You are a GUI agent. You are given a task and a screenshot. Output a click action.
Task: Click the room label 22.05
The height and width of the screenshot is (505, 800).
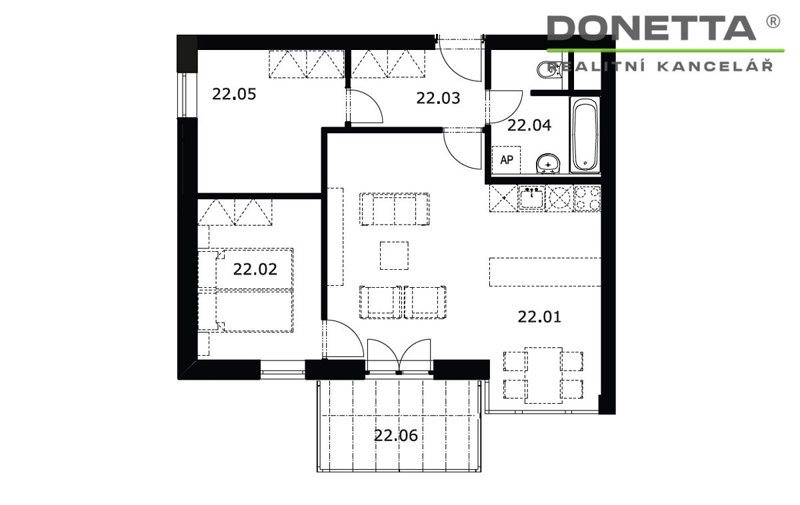(x=234, y=94)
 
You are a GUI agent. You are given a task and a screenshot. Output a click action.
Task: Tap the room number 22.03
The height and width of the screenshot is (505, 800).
(x=438, y=98)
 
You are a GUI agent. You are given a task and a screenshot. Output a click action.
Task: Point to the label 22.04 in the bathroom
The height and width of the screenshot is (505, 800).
(x=529, y=125)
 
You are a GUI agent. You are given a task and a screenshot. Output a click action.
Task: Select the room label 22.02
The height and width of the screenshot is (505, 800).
(x=255, y=269)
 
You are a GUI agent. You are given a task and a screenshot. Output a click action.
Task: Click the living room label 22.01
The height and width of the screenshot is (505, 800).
(x=539, y=316)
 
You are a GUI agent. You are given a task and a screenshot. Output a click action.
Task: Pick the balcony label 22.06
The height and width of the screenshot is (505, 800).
(x=396, y=436)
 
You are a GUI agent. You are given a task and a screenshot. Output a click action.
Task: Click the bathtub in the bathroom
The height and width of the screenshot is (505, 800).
(x=585, y=135)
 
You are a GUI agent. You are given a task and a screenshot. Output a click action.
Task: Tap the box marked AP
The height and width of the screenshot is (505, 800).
(x=506, y=159)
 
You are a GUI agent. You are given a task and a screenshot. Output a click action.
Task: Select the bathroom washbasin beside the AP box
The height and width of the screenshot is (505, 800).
(x=548, y=164)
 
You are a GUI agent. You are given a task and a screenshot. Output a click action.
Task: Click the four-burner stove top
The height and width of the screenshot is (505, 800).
(x=587, y=199)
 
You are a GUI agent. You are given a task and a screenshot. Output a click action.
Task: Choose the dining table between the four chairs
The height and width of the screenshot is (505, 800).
(x=543, y=375)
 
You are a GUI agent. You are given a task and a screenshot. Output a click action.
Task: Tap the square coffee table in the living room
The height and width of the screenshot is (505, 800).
(x=394, y=256)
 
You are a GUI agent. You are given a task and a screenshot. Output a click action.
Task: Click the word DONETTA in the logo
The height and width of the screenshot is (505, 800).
(x=651, y=28)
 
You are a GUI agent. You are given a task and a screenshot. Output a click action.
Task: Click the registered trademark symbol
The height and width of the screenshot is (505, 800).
(x=773, y=21)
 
